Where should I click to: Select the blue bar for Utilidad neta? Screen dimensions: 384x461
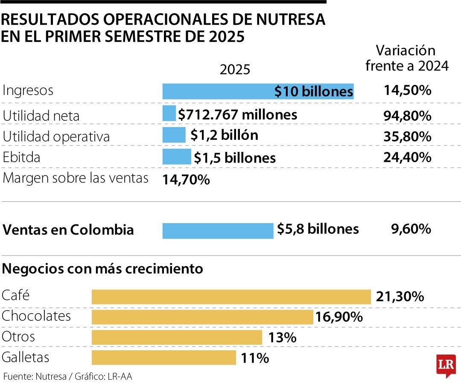point(169,114)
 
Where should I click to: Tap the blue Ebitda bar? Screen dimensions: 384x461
point(177,157)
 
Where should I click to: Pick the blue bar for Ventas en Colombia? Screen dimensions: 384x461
point(218,230)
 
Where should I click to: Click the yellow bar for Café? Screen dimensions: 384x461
point(231,297)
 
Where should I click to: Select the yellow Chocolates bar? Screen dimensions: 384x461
point(202,317)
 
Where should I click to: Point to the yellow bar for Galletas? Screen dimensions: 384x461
point(163,358)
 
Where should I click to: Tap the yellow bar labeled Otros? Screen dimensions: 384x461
point(177,337)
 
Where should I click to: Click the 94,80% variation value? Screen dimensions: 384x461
point(407,116)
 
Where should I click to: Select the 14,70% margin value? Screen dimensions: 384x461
point(186,180)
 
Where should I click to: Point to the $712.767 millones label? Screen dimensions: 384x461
point(238,114)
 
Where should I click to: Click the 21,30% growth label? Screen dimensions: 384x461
point(400,297)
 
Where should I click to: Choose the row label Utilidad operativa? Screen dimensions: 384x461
point(56,137)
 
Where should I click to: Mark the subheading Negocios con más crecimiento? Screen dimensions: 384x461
point(102,269)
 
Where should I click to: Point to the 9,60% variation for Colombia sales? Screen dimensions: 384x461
point(411,230)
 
